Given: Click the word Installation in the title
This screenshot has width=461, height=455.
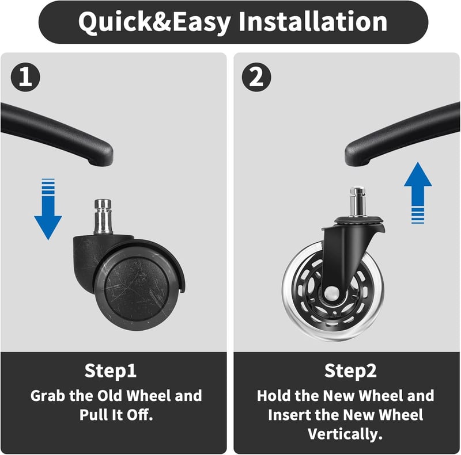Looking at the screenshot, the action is [x=313, y=21].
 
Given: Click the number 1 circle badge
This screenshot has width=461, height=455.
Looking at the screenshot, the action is [x=25, y=77].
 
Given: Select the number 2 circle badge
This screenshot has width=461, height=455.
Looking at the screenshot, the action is [x=256, y=77].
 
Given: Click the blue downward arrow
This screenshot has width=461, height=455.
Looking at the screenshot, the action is [x=48, y=209].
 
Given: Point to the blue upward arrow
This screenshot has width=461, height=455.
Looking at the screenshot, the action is [x=418, y=193].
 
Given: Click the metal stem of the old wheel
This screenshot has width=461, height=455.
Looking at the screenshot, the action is [x=103, y=217].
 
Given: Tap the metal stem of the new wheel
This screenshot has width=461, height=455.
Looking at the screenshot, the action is [x=357, y=202].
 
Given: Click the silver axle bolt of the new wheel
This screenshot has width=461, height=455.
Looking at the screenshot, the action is [x=331, y=292].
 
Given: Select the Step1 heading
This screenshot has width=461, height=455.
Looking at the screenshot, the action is [x=110, y=371].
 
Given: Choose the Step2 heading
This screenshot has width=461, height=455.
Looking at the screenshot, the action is [x=350, y=371].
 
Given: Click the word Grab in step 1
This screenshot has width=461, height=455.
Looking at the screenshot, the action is [x=48, y=396].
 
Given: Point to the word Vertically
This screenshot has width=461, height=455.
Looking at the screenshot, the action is [x=345, y=434].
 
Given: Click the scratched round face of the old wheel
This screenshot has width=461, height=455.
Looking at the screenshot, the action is [x=136, y=289].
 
